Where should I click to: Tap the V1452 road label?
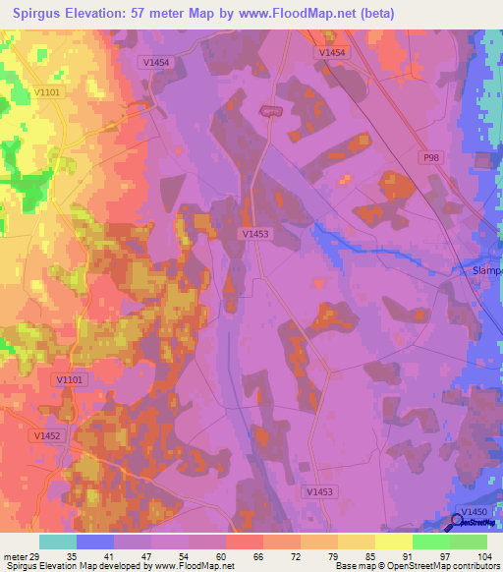[46, 435]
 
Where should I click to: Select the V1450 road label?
[474, 513]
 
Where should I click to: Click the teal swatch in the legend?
[58, 542]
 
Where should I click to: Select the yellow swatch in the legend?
[394, 542]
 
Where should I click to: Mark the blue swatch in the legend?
[95, 542]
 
